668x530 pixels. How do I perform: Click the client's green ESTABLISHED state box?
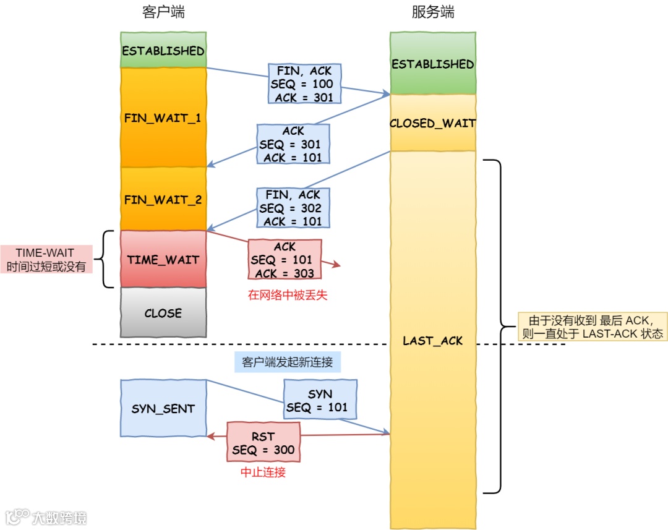pyautogui.click(x=163, y=50)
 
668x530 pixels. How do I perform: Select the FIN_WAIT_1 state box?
pyautogui.click(x=163, y=117)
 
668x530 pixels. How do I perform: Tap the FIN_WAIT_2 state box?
pyautogui.click(x=163, y=200)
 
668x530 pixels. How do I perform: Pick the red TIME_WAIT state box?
pyautogui.click(x=163, y=260)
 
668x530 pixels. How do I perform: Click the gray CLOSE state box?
pyautogui.click(x=163, y=313)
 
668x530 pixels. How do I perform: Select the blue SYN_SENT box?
pyautogui.click(x=163, y=409)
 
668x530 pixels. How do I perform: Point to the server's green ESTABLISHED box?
pyautogui.click(x=433, y=64)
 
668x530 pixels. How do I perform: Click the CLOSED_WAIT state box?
pyautogui.click(x=433, y=123)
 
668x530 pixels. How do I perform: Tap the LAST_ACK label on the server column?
pyautogui.click(x=433, y=341)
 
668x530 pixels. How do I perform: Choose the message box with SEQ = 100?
pyautogui.click(x=304, y=84)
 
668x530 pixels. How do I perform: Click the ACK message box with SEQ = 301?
pyautogui.click(x=293, y=144)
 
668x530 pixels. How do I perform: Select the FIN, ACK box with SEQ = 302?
pyautogui.click(x=293, y=208)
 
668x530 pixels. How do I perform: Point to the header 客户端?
pyautogui.click(x=163, y=12)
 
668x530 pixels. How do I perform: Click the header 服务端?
pyautogui.click(x=433, y=12)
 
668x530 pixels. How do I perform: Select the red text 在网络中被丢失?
pyautogui.click(x=288, y=295)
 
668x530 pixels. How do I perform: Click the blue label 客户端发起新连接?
pyautogui.click(x=288, y=362)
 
